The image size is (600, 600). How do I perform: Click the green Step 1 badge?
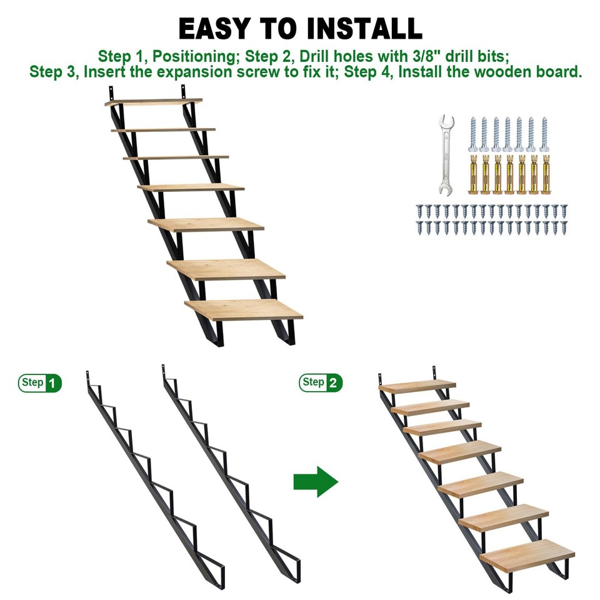40,382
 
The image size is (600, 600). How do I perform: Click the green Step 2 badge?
321,382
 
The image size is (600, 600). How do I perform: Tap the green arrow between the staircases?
316,481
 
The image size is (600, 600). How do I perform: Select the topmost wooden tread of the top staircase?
154,102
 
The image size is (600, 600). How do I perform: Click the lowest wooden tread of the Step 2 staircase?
527,554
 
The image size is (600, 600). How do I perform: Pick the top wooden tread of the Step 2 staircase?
417,386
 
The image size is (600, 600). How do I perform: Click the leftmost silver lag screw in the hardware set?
473,134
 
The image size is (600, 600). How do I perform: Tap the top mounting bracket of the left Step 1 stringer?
91,379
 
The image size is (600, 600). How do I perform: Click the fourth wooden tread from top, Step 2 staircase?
460,451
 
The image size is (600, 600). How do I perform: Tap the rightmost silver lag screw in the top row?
544,134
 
